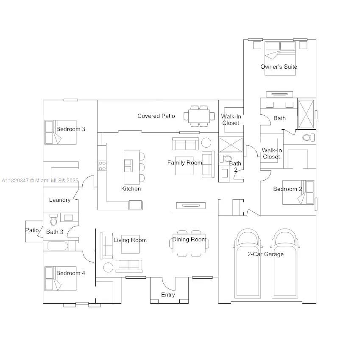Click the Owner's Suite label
coord(279,67)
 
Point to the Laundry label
coord(59,200)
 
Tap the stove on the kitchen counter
coord(102,166)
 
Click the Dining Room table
coord(189,244)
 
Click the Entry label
coord(168,295)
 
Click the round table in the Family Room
coord(207,142)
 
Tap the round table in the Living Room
coord(108,267)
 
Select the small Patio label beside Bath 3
coord(32,230)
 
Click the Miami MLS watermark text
coord(40,180)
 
